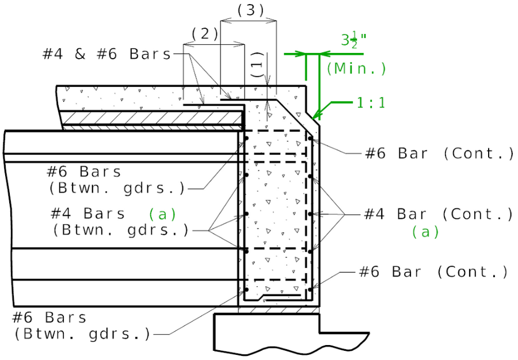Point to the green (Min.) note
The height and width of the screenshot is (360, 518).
[x=356, y=69]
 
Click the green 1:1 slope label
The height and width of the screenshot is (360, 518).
[x=370, y=103]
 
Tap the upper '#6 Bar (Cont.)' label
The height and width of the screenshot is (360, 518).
[x=439, y=153]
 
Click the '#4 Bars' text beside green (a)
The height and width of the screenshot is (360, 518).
[x=87, y=213]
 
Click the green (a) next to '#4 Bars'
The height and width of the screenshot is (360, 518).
[x=162, y=214]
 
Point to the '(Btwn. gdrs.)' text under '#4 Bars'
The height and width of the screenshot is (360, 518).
[x=121, y=230]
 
